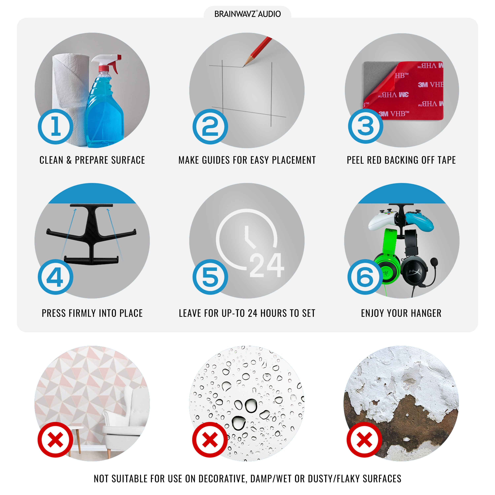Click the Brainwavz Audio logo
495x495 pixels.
[247, 14]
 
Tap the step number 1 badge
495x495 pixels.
[56, 127]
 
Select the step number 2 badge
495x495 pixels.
[210, 127]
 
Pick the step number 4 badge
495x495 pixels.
[56, 277]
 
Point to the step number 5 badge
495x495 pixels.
[210, 277]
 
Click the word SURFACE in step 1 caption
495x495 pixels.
[128, 160]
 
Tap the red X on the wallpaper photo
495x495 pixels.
[55, 440]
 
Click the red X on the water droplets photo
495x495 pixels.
[210, 440]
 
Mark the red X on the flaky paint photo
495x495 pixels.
[364, 440]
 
